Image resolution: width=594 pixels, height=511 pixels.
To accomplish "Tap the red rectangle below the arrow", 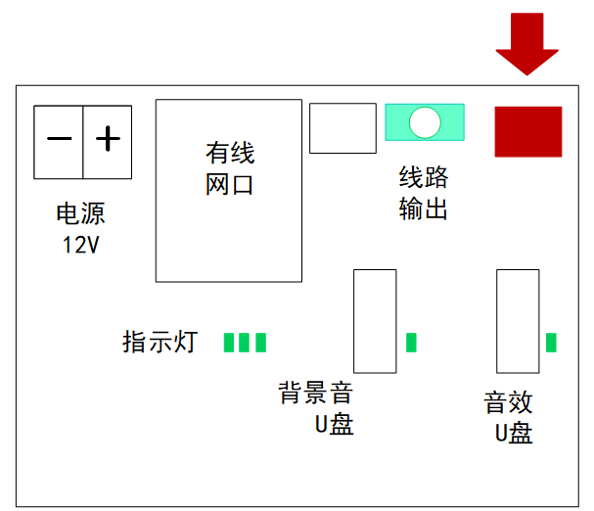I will [x=528, y=131].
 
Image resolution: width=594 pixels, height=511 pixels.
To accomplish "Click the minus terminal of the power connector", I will [x=59, y=141].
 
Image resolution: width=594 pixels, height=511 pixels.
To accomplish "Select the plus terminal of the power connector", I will [x=108, y=141].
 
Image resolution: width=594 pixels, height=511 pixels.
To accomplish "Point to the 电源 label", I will [x=80, y=214].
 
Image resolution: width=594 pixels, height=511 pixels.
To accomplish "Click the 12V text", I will [x=80, y=245].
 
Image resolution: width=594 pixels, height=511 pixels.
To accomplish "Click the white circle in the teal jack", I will [x=425, y=121].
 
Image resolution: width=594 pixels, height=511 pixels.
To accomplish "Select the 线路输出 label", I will [x=424, y=193].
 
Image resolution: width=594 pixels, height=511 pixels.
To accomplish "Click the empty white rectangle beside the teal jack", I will [x=343, y=128].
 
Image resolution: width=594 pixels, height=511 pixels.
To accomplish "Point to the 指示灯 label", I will [x=160, y=342].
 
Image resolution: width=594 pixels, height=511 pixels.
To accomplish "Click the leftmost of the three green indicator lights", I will [x=229, y=342].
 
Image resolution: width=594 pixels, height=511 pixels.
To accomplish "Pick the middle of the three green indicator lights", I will [x=245, y=342].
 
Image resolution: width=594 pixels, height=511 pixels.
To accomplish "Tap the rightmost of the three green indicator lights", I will [x=260, y=342].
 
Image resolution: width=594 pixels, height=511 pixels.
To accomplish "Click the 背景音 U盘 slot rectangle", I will [x=375, y=321].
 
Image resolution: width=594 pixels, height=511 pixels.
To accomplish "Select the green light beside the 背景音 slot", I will [x=411, y=342].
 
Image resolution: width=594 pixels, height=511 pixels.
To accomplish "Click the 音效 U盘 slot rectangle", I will [x=518, y=321].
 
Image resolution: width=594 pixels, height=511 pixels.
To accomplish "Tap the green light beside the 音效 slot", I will [x=551, y=342].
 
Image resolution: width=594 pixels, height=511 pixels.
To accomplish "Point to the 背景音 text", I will [x=315, y=395].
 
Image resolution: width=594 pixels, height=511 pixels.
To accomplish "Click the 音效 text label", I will [x=509, y=403].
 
